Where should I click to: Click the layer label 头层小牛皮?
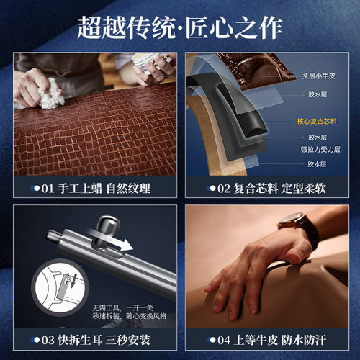[318, 73]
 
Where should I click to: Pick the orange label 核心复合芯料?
[317, 121]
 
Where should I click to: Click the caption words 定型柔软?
[307, 189]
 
